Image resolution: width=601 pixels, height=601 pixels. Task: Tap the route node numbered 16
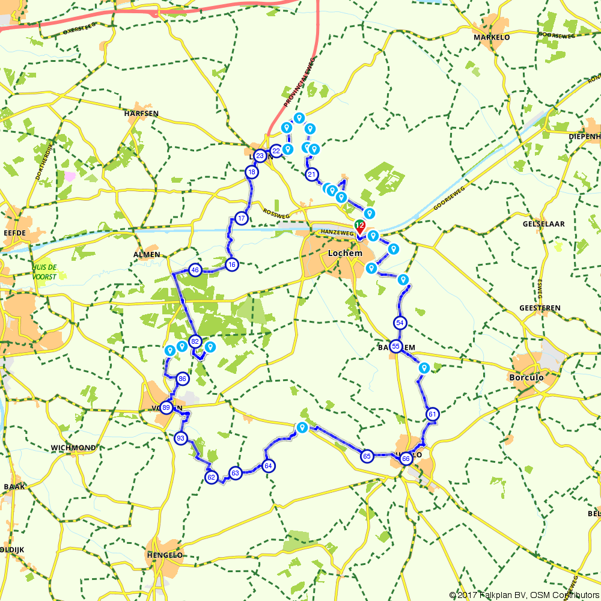(x=232, y=264)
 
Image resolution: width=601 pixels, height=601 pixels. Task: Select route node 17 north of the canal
(x=242, y=218)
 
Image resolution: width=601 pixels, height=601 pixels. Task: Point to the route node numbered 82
(x=195, y=341)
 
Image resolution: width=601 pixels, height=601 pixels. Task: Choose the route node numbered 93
(x=180, y=438)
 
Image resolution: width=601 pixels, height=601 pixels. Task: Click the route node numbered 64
(x=268, y=466)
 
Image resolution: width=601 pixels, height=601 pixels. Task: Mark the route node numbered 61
(x=432, y=414)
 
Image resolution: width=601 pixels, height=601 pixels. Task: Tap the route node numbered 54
(x=400, y=323)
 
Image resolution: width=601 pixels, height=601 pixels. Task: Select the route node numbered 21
(x=311, y=175)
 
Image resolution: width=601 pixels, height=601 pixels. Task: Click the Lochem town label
(x=345, y=253)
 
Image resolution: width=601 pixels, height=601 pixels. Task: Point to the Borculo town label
(x=526, y=378)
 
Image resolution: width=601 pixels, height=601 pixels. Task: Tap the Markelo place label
(x=492, y=37)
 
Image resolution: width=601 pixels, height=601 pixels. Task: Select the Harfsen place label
(x=140, y=113)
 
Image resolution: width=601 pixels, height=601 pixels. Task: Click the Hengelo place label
(x=165, y=555)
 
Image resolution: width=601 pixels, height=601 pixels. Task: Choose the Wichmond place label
(x=73, y=448)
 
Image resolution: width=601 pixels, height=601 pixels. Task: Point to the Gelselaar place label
(x=543, y=224)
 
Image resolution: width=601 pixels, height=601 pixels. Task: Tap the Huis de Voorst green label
(x=44, y=272)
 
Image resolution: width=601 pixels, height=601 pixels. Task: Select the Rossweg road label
(x=276, y=213)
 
